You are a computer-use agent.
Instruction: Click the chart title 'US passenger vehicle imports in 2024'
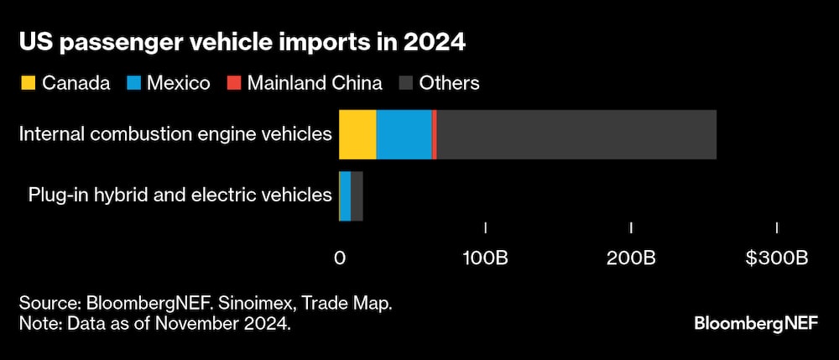pyautogui.click(x=242, y=43)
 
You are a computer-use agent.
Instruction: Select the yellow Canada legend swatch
pyautogui.click(x=28, y=82)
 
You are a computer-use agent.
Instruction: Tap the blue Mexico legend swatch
pyautogui.click(x=133, y=82)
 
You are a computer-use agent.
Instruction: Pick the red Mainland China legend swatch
pyautogui.click(x=233, y=82)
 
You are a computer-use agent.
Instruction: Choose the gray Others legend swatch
pyautogui.click(x=404, y=82)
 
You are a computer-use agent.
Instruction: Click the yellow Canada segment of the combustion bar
pyautogui.click(x=357, y=134)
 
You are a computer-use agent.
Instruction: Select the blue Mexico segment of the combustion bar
pyautogui.click(x=404, y=134)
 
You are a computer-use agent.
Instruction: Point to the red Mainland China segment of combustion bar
pyautogui.click(x=434, y=134)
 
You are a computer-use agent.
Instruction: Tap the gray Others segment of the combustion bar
pyautogui.click(x=576, y=134)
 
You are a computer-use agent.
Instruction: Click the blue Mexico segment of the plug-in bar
pyautogui.click(x=345, y=196)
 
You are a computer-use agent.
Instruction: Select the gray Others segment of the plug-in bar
pyautogui.click(x=357, y=196)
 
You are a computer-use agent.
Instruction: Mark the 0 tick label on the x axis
pyautogui.click(x=340, y=258)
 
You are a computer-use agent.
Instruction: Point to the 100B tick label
pyautogui.click(x=486, y=258)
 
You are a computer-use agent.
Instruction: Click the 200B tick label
pyautogui.click(x=631, y=258)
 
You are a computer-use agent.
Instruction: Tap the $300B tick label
pyautogui.click(x=776, y=258)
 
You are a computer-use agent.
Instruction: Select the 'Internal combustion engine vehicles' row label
pyautogui.click(x=175, y=134)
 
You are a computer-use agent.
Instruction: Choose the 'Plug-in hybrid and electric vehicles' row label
pyautogui.click(x=180, y=196)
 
